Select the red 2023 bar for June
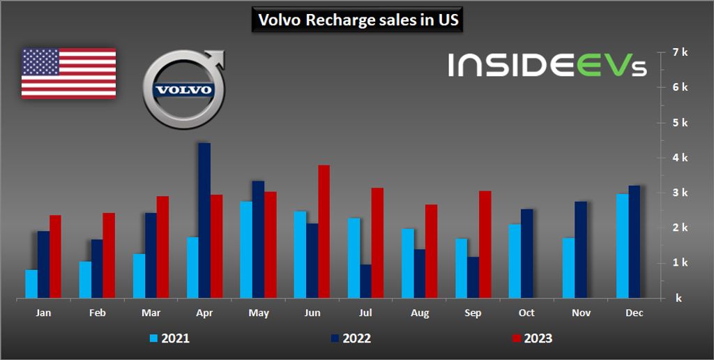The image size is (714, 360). [x=324, y=232]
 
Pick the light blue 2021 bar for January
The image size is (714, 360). [x=31, y=284]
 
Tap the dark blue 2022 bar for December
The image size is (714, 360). [x=635, y=242]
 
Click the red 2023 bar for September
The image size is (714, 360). [x=485, y=245]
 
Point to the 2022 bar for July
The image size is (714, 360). [x=366, y=281]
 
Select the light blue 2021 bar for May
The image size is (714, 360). [x=246, y=250]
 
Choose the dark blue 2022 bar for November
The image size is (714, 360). [x=581, y=250]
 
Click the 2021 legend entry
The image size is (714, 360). [x=170, y=339]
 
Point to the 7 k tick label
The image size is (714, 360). [x=681, y=52]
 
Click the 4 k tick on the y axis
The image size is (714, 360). [x=681, y=158]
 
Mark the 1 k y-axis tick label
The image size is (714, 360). [x=681, y=263]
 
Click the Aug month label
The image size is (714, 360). [x=420, y=314]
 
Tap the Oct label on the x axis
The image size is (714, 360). [x=527, y=314]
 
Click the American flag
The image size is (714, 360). [x=68, y=73]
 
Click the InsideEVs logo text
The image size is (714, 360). [x=547, y=66]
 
